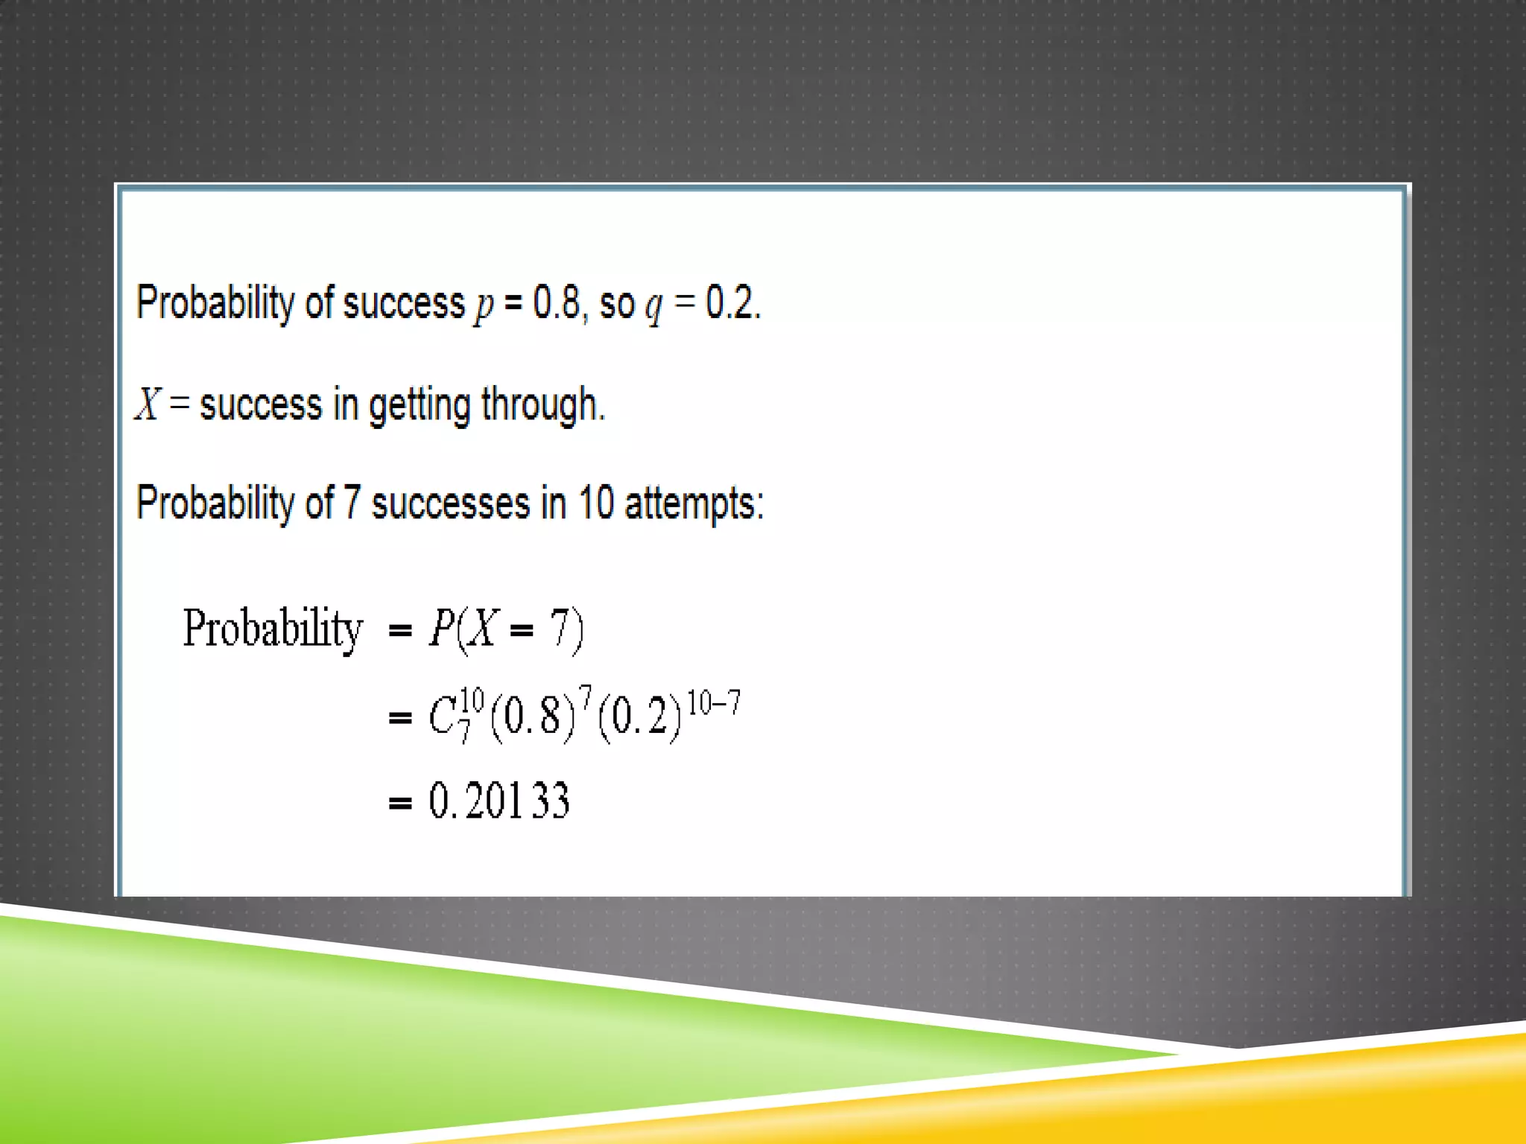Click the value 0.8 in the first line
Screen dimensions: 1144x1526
point(555,303)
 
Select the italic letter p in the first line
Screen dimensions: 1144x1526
point(484,306)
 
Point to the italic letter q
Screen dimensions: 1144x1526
point(654,306)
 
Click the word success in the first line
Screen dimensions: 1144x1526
point(404,303)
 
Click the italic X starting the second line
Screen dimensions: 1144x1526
point(148,404)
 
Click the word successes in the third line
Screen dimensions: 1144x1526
point(450,503)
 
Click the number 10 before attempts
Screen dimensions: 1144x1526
point(595,503)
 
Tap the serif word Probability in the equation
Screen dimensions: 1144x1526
point(273,629)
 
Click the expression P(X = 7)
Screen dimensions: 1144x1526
point(506,629)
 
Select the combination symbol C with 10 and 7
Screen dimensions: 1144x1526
point(455,714)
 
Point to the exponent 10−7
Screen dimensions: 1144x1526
point(713,702)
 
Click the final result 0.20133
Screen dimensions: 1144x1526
point(498,801)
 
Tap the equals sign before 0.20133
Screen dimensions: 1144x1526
point(400,803)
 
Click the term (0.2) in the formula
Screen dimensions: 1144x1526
point(639,716)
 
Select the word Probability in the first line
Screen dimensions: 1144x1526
point(215,303)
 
